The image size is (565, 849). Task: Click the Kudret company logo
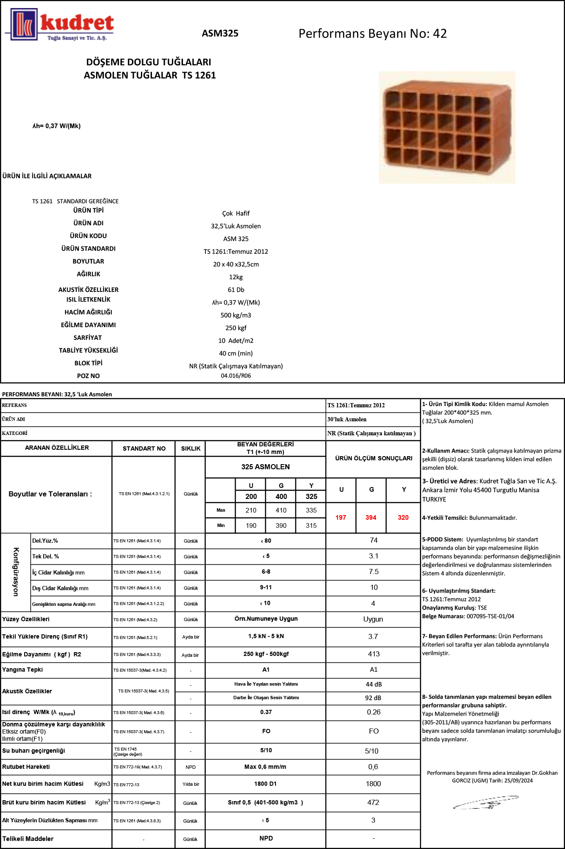(59, 25)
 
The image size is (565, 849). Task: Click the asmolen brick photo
(447, 127)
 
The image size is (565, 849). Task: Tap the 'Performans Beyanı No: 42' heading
(372, 34)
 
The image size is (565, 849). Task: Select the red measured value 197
(340, 518)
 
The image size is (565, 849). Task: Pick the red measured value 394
(371, 518)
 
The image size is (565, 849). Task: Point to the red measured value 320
(403, 518)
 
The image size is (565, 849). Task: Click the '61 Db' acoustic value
(236, 290)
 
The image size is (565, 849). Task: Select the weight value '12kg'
(236, 277)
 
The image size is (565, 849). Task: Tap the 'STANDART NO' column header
(144, 448)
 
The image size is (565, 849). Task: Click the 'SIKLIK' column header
(191, 448)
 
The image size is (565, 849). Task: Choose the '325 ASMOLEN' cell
(265, 467)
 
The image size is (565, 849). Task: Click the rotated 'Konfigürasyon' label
(16, 572)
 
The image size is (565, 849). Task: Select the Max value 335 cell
(311, 510)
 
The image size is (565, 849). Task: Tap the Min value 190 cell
(251, 526)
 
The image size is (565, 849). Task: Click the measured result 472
(373, 802)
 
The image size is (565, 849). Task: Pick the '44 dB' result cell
(374, 684)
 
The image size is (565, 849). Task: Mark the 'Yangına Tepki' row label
(22, 670)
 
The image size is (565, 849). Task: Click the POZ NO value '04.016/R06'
(236, 376)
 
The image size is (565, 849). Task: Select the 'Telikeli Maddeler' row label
(28, 839)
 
